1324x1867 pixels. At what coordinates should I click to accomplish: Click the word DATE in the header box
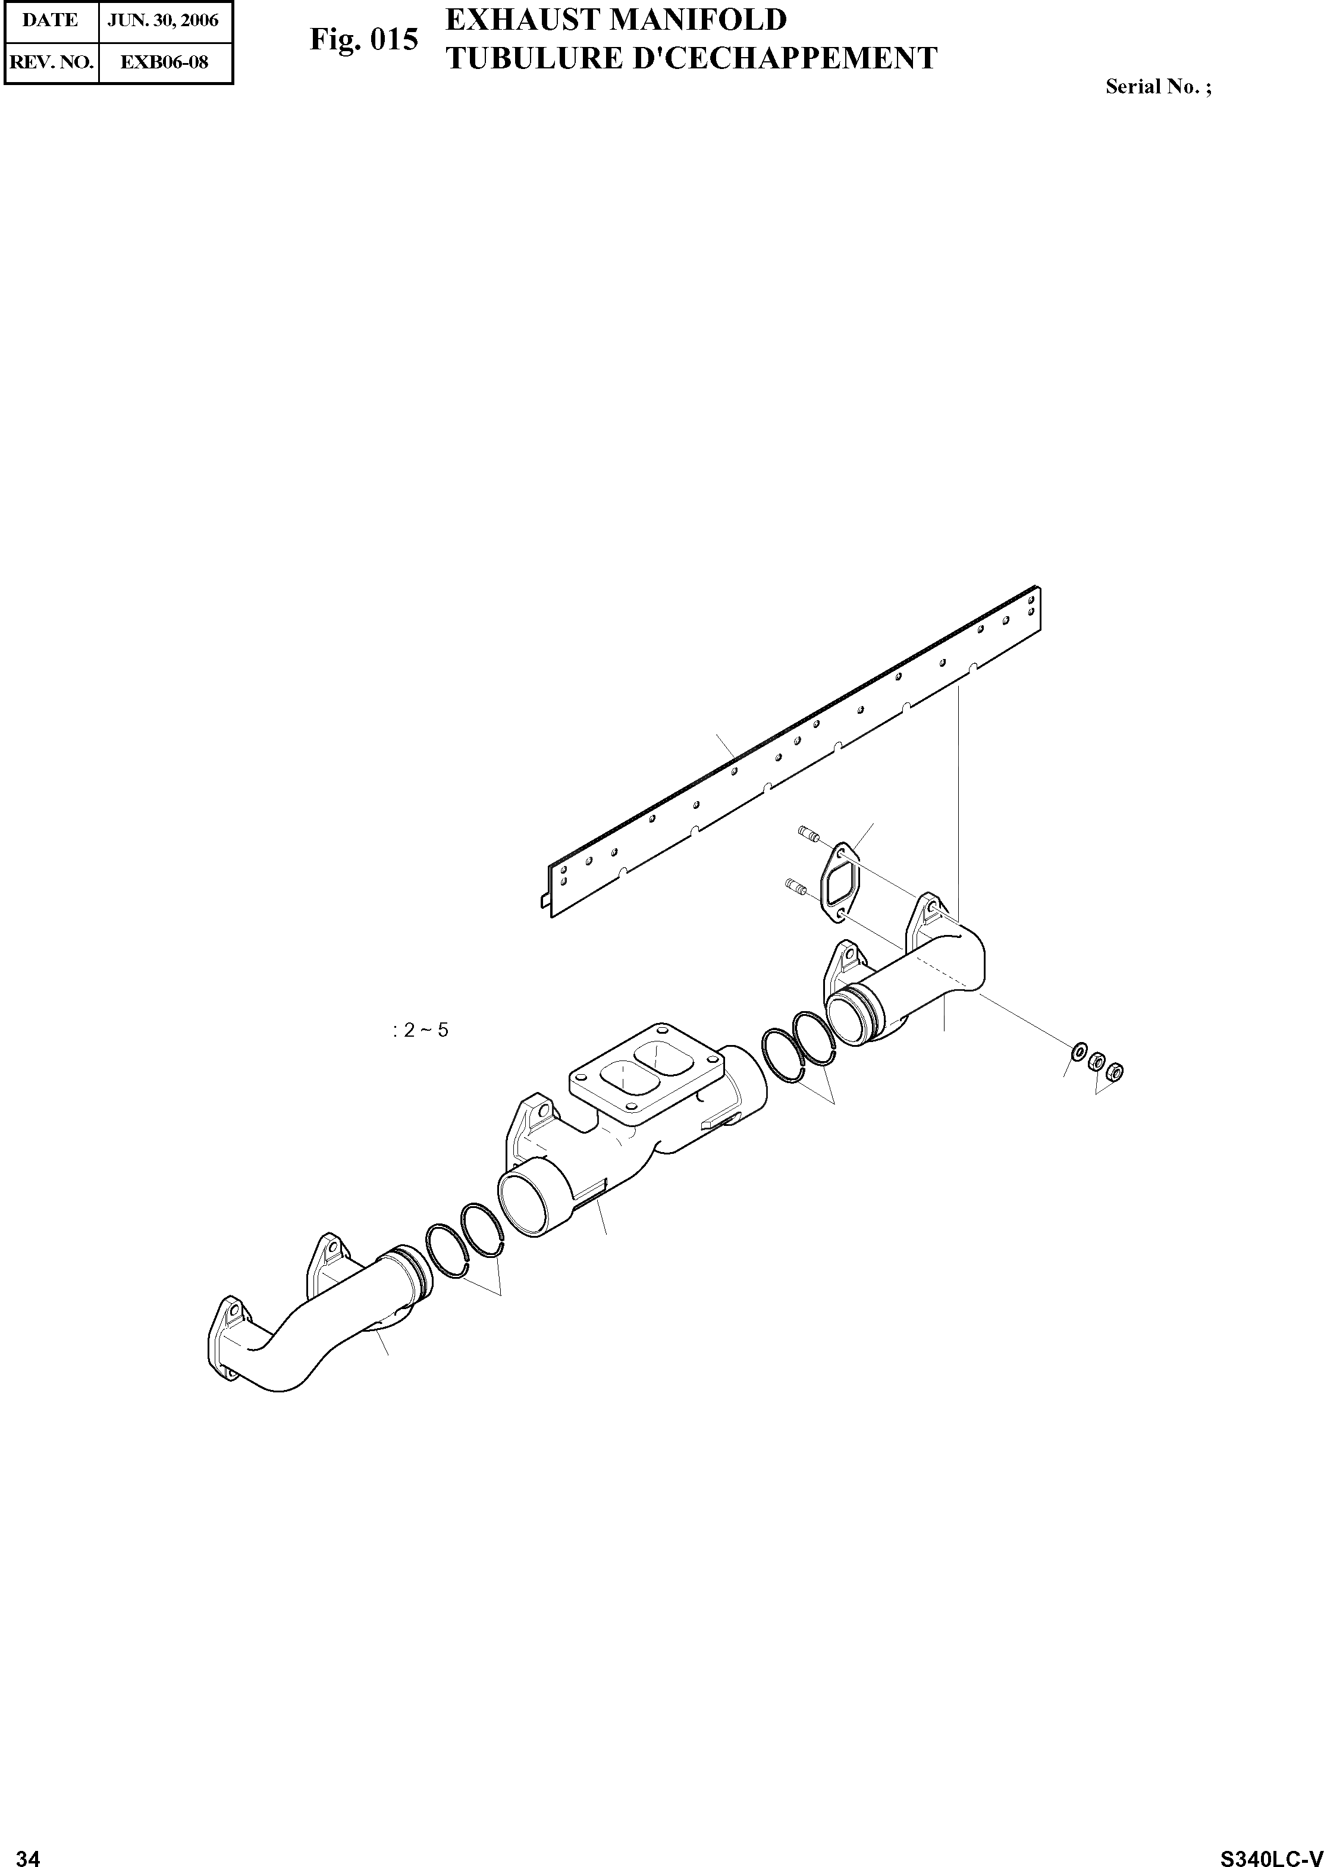pyautogui.click(x=50, y=20)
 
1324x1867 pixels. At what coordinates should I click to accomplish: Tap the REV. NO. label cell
pyautogui.click(x=50, y=61)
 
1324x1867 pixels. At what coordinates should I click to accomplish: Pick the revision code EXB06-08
pyautogui.click(x=164, y=61)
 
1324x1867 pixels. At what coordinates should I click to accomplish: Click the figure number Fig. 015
pyautogui.click(x=363, y=39)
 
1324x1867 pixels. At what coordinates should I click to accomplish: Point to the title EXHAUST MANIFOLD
pyautogui.click(x=616, y=20)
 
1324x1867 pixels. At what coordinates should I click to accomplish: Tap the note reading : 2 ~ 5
pyautogui.click(x=420, y=1030)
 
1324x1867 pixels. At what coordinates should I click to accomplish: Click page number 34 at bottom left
pyautogui.click(x=28, y=1852)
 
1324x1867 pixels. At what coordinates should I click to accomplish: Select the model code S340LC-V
pyautogui.click(x=1270, y=1852)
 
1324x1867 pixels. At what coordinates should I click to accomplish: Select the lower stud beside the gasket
pyautogui.click(x=796, y=886)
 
